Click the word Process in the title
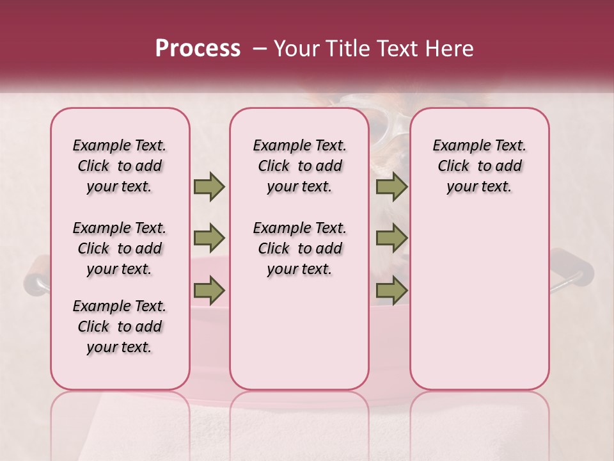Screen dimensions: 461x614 point(198,49)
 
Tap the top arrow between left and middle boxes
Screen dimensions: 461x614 point(209,186)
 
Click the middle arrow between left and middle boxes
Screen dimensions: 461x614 point(209,238)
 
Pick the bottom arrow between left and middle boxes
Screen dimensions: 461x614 point(209,290)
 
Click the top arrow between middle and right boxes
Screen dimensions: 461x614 point(391,186)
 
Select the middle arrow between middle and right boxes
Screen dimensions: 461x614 point(391,238)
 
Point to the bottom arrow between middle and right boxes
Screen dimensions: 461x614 point(391,290)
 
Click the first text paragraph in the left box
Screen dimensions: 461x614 point(120,166)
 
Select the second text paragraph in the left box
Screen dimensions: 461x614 point(120,248)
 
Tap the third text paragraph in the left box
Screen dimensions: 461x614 point(120,327)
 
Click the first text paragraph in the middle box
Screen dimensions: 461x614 point(299,166)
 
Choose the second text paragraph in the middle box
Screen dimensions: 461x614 point(299,248)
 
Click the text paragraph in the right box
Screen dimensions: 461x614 point(479,166)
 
